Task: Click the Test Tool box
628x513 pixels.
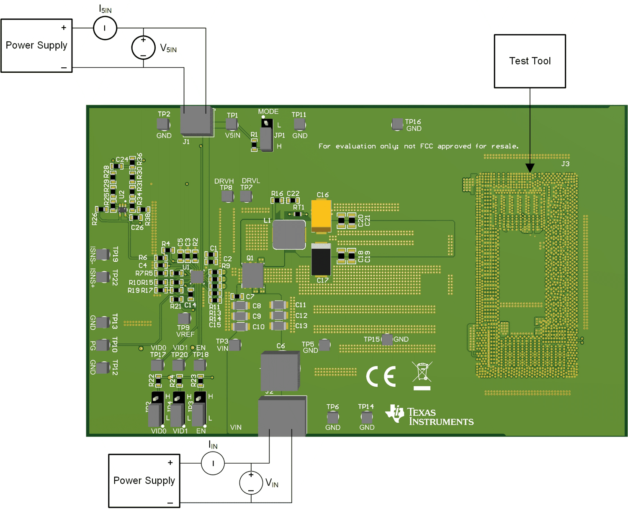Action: [530, 61]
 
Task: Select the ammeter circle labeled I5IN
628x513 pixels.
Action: [105, 28]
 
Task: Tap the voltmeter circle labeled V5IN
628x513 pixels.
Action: [143, 48]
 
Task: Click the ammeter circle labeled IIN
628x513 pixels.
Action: [213, 463]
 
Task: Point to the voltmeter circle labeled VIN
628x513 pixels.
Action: [251, 482]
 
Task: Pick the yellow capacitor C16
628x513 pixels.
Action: [321, 216]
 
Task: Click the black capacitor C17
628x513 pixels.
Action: [321, 260]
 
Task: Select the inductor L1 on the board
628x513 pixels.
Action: [289, 235]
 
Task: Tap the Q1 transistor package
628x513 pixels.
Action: [252, 276]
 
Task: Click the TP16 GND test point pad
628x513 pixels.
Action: [397, 124]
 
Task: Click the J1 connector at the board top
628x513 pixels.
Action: [197, 121]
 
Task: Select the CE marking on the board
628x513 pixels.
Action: [381, 377]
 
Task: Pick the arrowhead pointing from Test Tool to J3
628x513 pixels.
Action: [530, 168]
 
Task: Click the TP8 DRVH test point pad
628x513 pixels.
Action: [227, 196]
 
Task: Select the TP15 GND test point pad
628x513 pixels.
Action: [387, 339]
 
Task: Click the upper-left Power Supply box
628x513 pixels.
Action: [36, 46]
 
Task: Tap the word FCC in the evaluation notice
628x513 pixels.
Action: [426, 146]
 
